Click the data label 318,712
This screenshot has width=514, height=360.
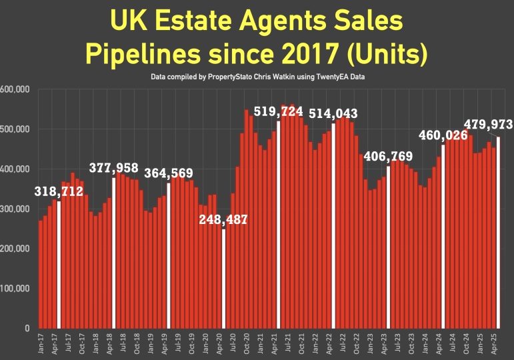[x=59, y=192]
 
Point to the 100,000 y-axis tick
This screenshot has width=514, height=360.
[x=14, y=289]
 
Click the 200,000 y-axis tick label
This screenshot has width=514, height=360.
[x=14, y=249]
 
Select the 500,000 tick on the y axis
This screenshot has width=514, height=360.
[x=14, y=129]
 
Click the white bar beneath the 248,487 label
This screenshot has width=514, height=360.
[x=224, y=279]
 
